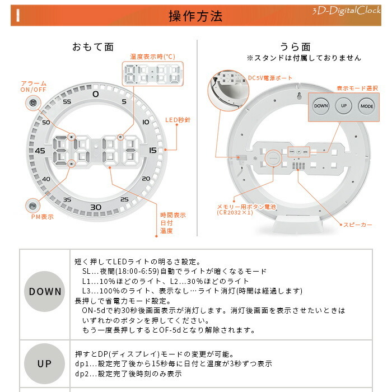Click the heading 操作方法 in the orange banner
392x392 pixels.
195,16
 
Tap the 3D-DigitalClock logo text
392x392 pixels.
347,11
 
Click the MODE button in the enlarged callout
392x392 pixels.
367,106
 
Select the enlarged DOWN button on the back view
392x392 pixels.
321,106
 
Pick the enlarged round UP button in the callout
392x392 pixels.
344,106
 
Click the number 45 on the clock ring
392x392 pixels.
40,151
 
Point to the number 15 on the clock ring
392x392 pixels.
153,150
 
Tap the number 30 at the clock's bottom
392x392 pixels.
96,207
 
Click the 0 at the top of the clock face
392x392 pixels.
96,94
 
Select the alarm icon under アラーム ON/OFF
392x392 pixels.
33,102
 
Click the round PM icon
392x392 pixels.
32,206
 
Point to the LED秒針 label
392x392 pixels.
178,120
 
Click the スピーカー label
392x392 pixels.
358,225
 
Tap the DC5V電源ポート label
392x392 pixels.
270,78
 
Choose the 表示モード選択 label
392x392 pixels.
357,88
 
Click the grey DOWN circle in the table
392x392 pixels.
44,292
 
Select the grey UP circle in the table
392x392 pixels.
44,364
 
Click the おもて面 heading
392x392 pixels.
93,47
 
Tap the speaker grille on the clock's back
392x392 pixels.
298,166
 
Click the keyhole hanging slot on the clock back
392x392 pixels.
299,96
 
